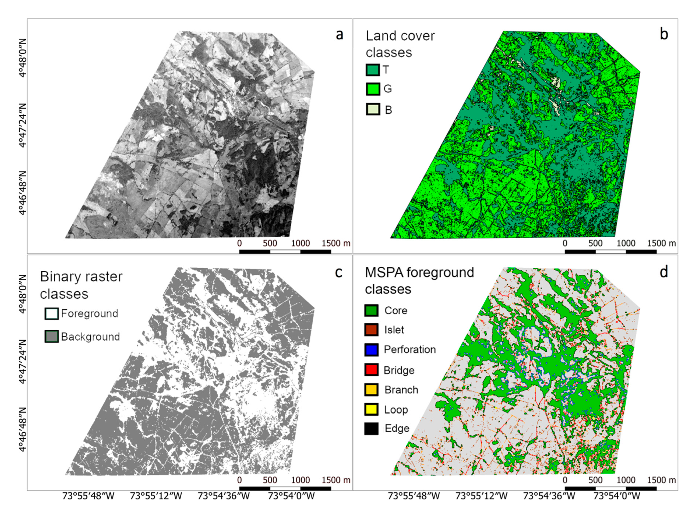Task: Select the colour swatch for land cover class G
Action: coord(372,89)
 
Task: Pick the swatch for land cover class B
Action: coord(372,109)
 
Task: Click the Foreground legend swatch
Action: coord(51,313)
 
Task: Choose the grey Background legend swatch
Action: coord(51,337)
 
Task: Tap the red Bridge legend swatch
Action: coord(371,370)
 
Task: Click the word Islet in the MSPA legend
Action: coord(394,330)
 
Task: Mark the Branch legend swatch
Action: coord(371,390)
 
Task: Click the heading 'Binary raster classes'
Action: coord(81,285)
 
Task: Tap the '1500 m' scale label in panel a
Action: coord(336,243)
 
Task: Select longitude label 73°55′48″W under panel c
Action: coord(88,496)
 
